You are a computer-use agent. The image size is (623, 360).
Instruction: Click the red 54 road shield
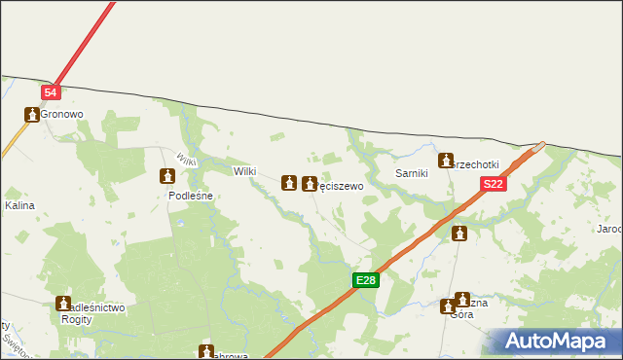[52, 91]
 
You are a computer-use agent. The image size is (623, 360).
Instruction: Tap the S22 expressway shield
[494, 184]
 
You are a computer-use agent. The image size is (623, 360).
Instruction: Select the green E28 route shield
[365, 280]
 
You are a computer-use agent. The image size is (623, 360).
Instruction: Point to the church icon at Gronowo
[32, 115]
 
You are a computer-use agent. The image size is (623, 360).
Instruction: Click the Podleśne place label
[191, 195]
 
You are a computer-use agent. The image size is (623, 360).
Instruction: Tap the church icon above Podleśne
[167, 176]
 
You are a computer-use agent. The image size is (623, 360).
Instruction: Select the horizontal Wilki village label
[244, 171]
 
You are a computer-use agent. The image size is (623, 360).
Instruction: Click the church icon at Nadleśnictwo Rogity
[63, 304]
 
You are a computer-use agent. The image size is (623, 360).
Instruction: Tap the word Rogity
[77, 319]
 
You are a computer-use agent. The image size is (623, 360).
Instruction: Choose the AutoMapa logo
[554, 341]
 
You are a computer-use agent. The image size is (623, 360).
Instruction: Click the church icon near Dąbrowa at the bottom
[206, 351]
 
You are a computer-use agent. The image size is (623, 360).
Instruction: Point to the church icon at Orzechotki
[447, 162]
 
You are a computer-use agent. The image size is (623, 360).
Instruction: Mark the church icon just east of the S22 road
[459, 234]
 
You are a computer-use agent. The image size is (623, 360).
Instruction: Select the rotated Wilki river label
[187, 160]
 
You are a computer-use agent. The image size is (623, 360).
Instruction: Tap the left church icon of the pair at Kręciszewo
[289, 182]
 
